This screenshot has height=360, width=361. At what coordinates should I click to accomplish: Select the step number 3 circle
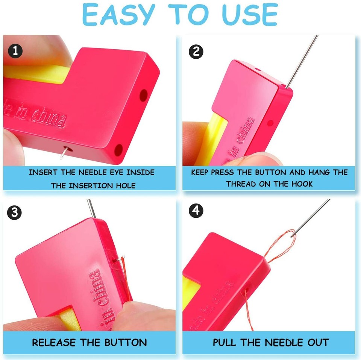[x=15, y=213]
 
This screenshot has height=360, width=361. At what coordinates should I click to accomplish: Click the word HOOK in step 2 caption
[x=301, y=184]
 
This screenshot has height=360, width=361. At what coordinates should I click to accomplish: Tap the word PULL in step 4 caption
[x=224, y=343]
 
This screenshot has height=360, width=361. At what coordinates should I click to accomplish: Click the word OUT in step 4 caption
[x=319, y=343]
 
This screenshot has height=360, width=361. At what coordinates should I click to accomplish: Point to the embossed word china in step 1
[x=48, y=119]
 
